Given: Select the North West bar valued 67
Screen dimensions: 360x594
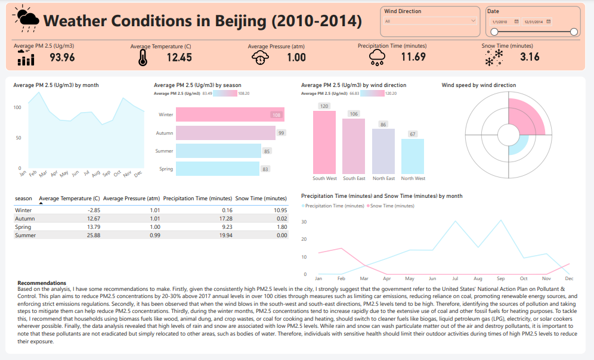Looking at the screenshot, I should tap(413, 156).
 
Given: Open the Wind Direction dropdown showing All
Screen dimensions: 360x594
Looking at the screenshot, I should tap(431, 21).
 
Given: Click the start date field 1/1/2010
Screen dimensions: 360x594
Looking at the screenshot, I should tap(500, 21).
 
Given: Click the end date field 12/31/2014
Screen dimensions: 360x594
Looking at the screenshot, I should tap(533, 21).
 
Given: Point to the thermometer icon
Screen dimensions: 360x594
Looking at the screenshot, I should tap(143, 57).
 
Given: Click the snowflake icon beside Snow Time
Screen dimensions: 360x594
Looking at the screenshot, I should tap(494, 57).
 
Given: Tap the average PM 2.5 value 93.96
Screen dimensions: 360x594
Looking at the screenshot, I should tap(62, 57).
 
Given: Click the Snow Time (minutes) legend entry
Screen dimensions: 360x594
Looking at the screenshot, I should tap(392, 206).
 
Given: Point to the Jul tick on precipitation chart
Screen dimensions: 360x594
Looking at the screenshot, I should tap(456, 278).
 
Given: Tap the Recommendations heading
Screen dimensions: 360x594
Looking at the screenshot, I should tap(42, 283).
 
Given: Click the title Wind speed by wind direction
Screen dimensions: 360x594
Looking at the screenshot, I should tap(478, 85).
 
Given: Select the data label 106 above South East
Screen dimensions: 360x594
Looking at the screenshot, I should tap(354, 114).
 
